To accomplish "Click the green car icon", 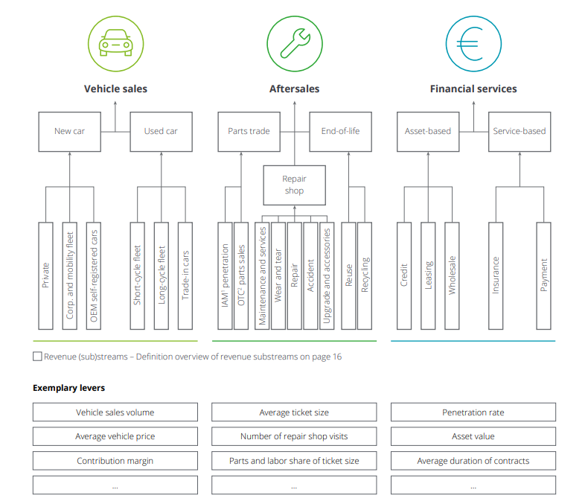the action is (x=115, y=43).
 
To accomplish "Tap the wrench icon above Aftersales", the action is (x=295, y=43).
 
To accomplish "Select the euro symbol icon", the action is (x=470, y=44).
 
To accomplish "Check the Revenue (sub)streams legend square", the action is (x=37, y=357).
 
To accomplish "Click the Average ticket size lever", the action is (x=294, y=412).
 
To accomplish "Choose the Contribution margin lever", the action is (x=115, y=461).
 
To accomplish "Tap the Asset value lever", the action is (x=473, y=436).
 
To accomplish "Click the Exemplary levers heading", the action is (x=69, y=388).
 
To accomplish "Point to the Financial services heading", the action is (x=473, y=89).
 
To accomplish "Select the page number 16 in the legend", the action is (x=337, y=357).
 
